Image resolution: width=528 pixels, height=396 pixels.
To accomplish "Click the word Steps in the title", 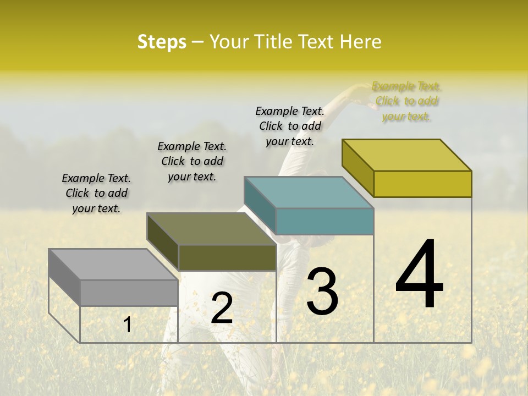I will coord(162,42).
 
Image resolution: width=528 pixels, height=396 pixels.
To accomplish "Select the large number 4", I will coord(419,275).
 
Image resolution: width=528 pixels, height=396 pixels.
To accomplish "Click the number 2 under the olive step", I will coord(222,309).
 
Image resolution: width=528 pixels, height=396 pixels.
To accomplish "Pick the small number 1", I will coord(128,325).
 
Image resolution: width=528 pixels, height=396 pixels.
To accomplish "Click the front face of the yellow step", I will coord(422,184).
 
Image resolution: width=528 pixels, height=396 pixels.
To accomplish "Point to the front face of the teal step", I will coord(324,221).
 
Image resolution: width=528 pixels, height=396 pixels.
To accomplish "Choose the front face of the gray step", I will coord(129,293).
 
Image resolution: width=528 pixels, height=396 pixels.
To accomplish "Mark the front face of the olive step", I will coord(227,257).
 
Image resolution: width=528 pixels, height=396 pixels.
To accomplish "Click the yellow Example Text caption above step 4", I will coord(406,101).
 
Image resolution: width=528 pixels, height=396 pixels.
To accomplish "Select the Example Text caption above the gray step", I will coord(96,193).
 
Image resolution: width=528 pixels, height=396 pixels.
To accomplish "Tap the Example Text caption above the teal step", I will coord(290,126).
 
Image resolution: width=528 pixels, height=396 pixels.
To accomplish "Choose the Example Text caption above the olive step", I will coord(192,161).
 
